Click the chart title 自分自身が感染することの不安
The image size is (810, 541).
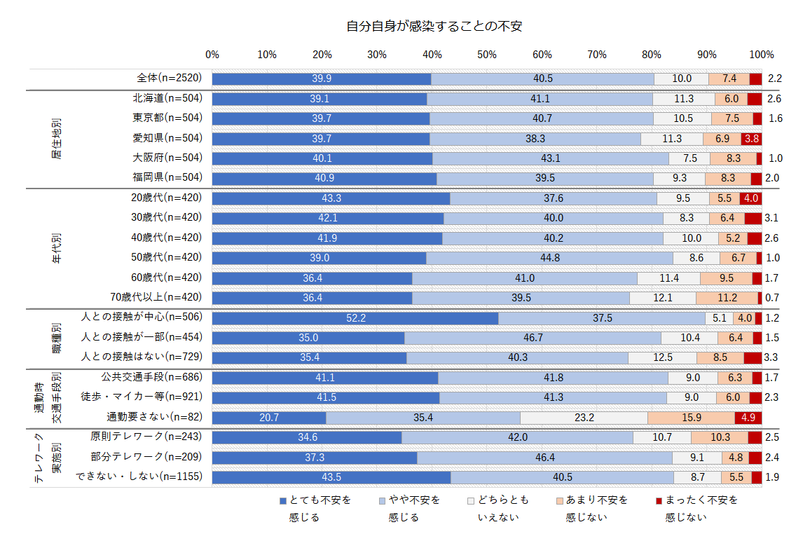click(434, 27)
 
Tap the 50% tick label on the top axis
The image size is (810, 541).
click(487, 55)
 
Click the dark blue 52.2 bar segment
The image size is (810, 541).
click(355, 318)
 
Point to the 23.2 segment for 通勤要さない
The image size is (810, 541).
click(584, 418)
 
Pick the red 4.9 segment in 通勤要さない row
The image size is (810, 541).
click(748, 418)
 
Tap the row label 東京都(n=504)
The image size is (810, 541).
click(167, 118)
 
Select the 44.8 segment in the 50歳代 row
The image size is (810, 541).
click(549, 258)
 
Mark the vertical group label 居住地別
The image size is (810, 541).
click(57, 138)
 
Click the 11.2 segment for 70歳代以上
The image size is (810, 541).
click(727, 298)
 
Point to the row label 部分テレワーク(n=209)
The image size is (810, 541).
click(146, 457)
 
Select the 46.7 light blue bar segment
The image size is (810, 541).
click(533, 338)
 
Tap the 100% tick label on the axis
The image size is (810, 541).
click(761, 55)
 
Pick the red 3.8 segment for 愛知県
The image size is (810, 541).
click(751, 138)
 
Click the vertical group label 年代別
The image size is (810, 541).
click(57, 248)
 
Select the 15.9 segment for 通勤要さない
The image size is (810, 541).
click(691, 418)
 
